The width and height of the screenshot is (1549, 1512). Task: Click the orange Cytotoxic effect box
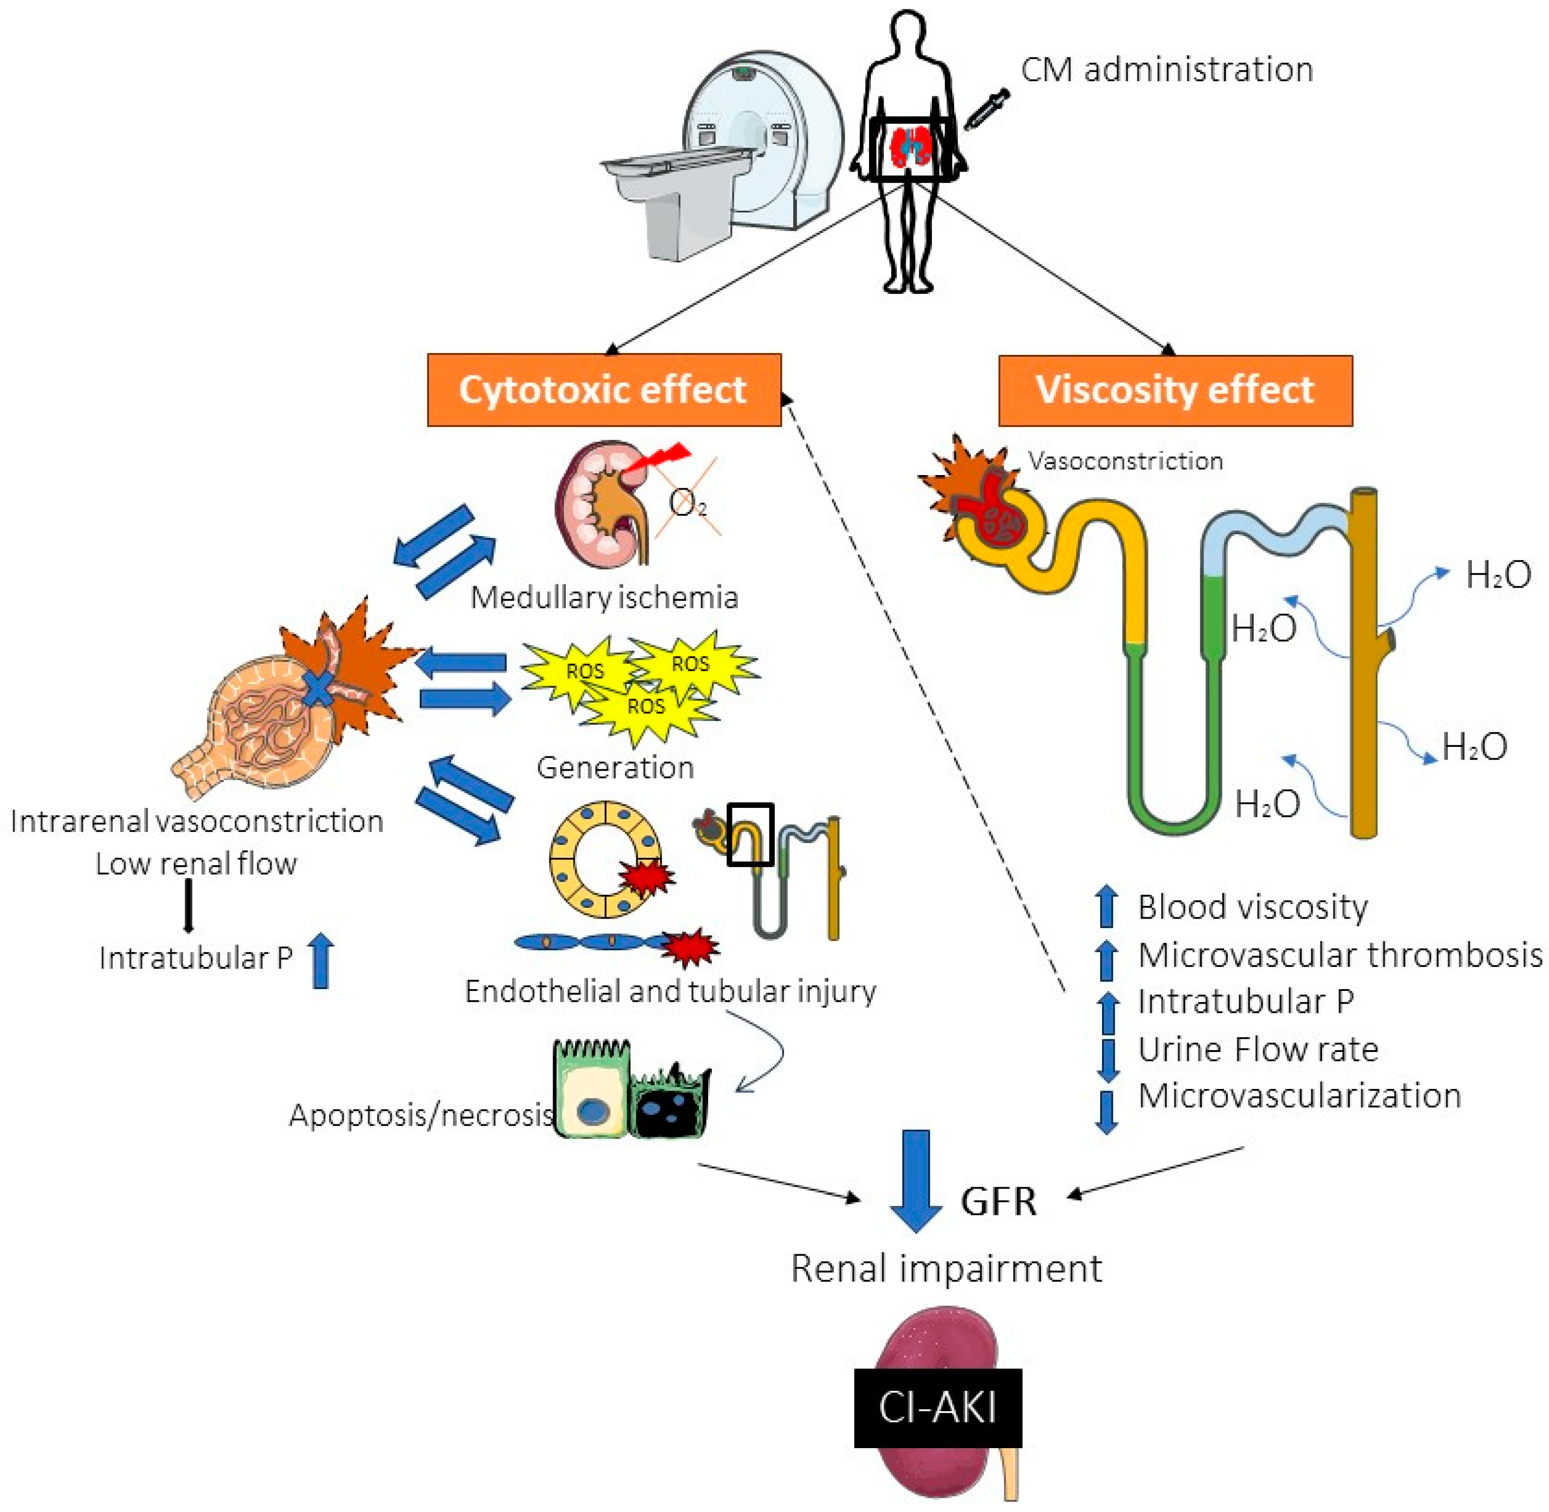click(x=604, y=390)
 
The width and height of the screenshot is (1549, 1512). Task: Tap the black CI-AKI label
click(x=937, y=1407)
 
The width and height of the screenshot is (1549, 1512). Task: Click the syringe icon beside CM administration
click(x=986, y=109)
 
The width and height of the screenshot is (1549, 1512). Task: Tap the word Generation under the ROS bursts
click(x=615, y=768)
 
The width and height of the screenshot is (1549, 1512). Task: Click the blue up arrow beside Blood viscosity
click(x=1107, y=907)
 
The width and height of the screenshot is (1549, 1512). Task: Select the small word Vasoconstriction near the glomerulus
click(x=1125, y=461)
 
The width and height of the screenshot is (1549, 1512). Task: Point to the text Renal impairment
click(x=946, y=1268)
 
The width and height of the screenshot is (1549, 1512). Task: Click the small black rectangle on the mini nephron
click(x=751, y=833)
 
